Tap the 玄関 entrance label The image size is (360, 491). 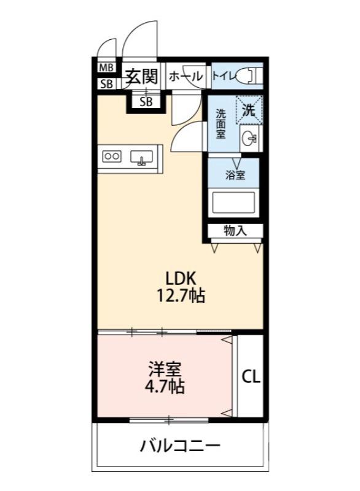click(x=142, y=76)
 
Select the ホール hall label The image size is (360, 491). click(x=185, y=77)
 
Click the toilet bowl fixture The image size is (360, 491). click(x=249, y=75)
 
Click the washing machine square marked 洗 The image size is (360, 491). click(x=249, y=110)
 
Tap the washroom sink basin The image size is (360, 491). click(x=249, y=138)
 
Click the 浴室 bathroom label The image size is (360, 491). click(x=235, y=175)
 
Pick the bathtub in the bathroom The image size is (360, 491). click(x=233, y=202)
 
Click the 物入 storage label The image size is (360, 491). click(x=235, y=231)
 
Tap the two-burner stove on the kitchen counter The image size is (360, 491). click(x=112, y=156)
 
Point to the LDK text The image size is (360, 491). click(x=179, y=277)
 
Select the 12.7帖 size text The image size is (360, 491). click(x=179, y=296)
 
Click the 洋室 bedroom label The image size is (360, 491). click(x=164, y=370)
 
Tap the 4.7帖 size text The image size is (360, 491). click(x=164, y=387)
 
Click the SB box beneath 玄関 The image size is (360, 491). click(x=146, y=102)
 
